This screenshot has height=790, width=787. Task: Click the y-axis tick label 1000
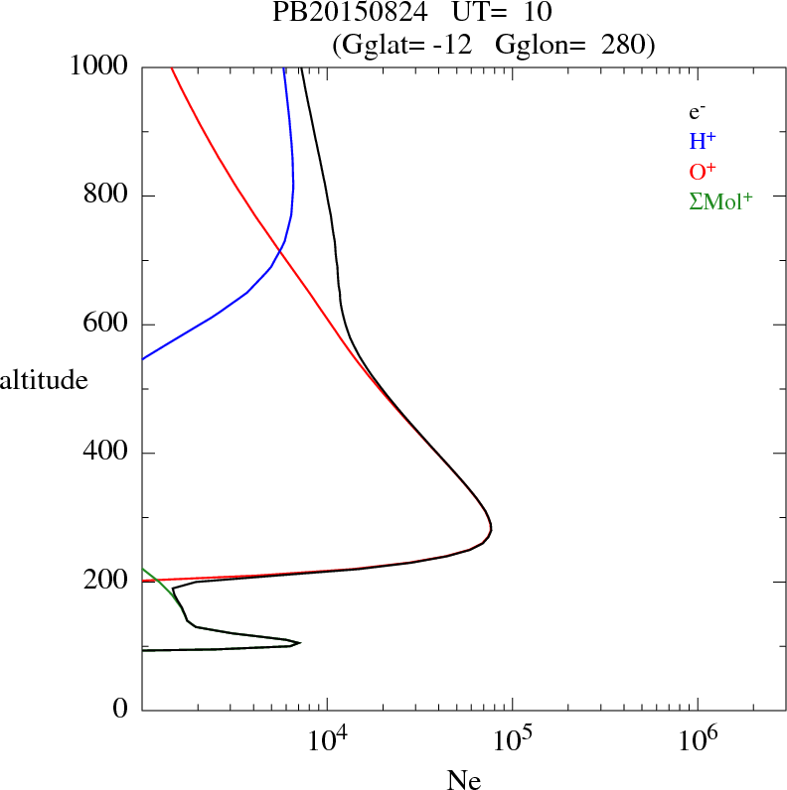click(x=98, y=66)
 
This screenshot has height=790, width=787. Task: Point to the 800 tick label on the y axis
click(x=106, y=196)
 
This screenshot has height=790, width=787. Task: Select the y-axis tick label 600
click(x=106, y=325)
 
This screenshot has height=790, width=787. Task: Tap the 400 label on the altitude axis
click(x=106, y=454)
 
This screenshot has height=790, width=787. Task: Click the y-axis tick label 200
click(x=106, y=582)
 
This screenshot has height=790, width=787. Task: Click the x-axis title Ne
click(x=464, y=781)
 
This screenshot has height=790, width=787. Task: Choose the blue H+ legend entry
click(x=704, y=141)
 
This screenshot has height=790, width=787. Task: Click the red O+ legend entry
click(x=704, y=171)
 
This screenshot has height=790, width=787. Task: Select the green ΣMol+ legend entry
click(x=720, y=201)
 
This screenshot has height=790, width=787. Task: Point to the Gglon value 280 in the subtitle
click(x=623, y=45)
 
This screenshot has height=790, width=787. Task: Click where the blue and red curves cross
click(x=280, y=252)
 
